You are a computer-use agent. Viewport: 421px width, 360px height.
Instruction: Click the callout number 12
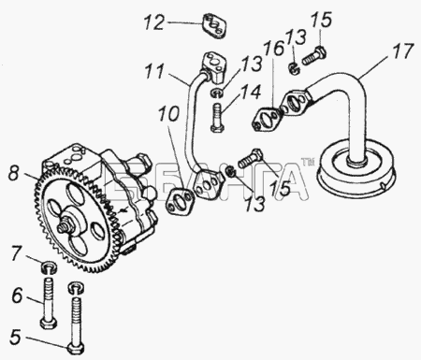tap(154, 22)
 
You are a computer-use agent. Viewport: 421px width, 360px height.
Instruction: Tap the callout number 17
tap(402, 51)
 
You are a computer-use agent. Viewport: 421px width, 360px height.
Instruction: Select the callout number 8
tap(14, 173)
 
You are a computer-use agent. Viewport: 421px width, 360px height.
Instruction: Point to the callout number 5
tap(15, 338)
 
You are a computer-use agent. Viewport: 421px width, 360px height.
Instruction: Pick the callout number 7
tap(17, 254)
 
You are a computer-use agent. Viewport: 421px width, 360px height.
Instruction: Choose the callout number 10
tap(168, 113)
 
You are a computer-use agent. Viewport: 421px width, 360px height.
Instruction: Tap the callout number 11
tap(154, 71)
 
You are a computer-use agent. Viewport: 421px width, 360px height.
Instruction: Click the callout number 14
tap(250, 93)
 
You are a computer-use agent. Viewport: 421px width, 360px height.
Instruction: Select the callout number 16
tap(274, 49)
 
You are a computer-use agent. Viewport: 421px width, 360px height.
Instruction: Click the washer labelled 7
tap(49, 267)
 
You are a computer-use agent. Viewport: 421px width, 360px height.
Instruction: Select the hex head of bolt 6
tap(49, 323)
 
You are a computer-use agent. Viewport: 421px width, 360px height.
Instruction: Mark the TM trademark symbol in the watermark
tap(307, 162)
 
